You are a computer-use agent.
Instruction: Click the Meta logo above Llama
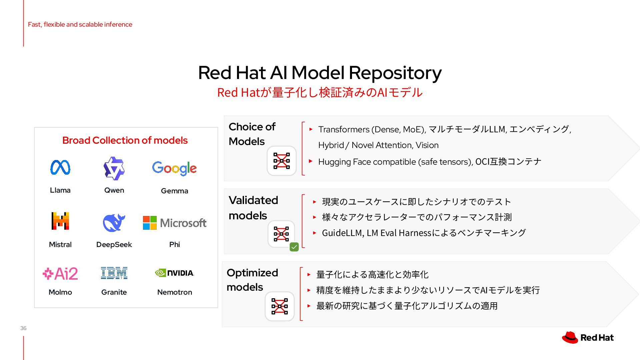click(60, 167)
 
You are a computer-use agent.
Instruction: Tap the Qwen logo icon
click(114, 168)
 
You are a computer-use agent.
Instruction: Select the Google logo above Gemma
click(174, 168)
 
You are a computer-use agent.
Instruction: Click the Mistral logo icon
click(60, 221)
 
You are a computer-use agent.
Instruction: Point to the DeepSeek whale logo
click(114, 222)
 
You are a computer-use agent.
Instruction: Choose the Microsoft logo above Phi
click(175, 223)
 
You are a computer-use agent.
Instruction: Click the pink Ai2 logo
click(60, 274)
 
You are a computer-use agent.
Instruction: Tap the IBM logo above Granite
click(114, 273)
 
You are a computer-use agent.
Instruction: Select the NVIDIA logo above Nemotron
click(174, 273)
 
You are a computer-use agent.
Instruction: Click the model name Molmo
click(60, 292)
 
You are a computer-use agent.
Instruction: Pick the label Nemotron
click(175, 292)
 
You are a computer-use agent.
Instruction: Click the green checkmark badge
click(294, 247)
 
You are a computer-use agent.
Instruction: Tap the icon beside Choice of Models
click(282, 161)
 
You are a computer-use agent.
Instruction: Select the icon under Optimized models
click(280, 306)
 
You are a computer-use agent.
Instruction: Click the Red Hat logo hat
click(570, 337)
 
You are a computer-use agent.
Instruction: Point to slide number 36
click(23, 328)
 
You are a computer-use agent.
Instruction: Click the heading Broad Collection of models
click(125, 140)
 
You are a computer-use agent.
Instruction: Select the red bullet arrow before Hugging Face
click(311, 161)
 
